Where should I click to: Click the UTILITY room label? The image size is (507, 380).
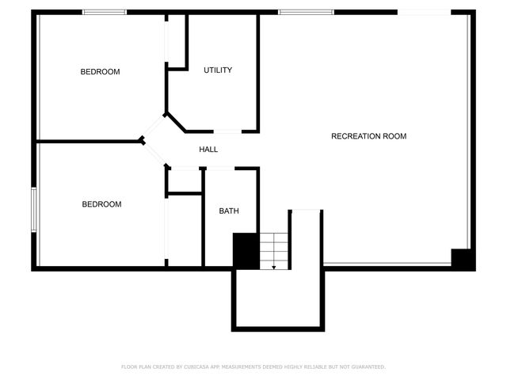(218, 70)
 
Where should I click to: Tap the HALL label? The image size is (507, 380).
(208, 150)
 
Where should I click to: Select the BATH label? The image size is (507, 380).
(229, 211)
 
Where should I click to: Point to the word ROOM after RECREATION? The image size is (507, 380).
(395, 137)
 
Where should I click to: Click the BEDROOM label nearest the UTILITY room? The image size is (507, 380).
(100, 73)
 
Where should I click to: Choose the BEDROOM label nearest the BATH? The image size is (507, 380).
(101, 204)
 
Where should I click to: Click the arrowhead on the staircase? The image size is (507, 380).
(273, 267)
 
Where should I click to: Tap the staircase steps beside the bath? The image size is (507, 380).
(273, 249)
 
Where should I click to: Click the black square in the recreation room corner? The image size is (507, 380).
(463, 259)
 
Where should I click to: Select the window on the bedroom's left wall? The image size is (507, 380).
(33, 209)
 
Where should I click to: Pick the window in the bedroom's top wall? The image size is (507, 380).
(105, 12)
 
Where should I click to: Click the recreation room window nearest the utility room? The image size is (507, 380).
(295, 12)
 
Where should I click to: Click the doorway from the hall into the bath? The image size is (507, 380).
(220, 168)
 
